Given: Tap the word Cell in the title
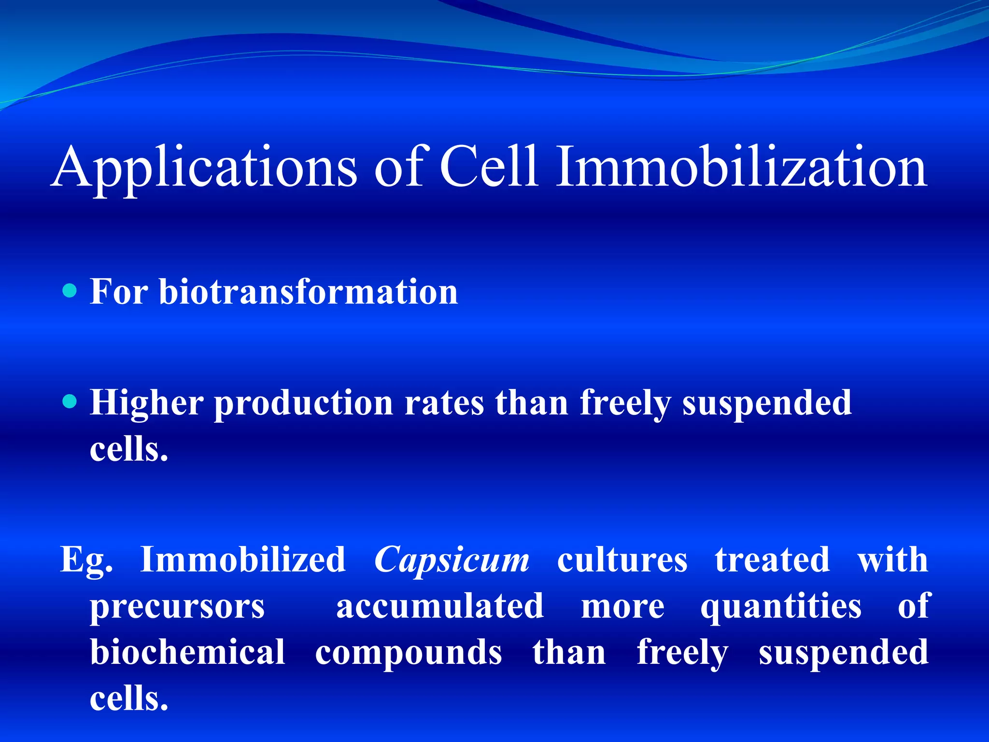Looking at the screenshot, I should [489, 167].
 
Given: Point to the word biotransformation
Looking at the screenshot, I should [309, 292].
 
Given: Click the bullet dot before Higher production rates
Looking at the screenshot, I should [70, 401].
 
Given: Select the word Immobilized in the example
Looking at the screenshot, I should [243, 559].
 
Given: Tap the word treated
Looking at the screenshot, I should [772, 559].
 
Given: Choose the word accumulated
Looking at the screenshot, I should [440, 606].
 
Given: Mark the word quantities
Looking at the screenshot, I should [781, 607].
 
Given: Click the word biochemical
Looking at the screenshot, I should [188, 652].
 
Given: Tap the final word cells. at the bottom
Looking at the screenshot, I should [129, 699].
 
